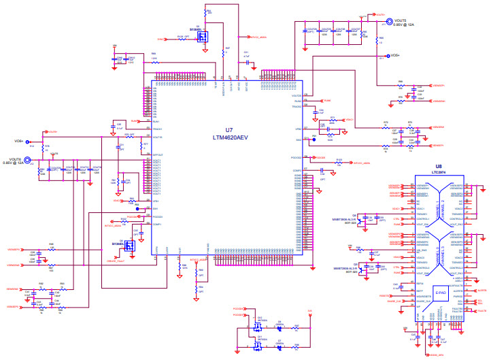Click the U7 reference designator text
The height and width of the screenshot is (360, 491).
tap(228, 129)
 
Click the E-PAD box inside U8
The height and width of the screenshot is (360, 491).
tap(440, 293)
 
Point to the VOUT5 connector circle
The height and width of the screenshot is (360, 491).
tap(390, 21)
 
